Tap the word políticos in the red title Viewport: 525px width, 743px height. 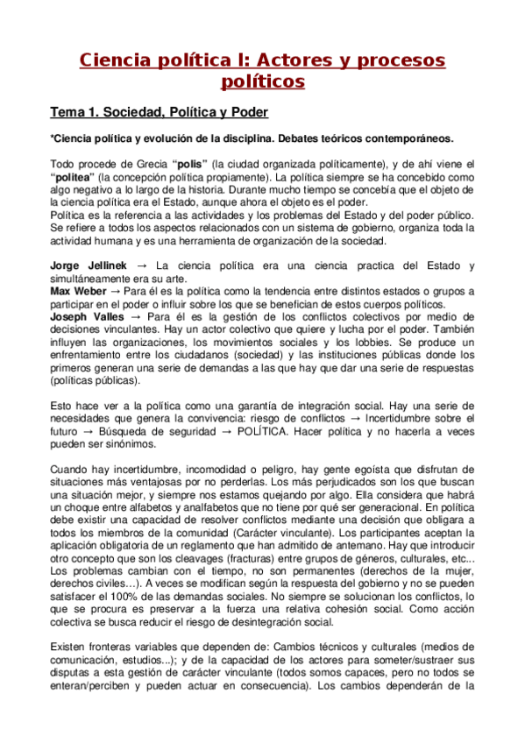coord(262,81)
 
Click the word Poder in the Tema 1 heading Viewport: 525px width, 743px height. coord(246,113)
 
